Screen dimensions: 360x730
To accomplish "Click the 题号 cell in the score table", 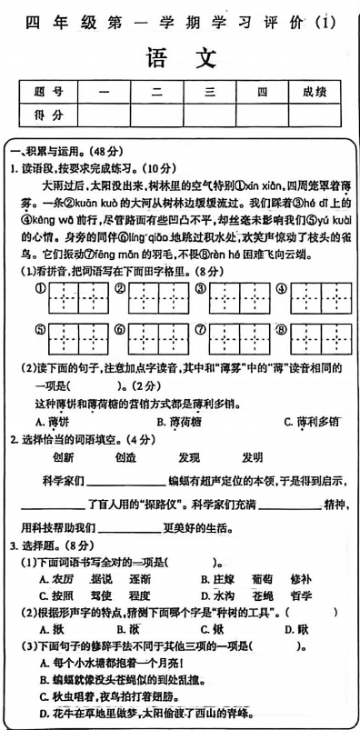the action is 46,93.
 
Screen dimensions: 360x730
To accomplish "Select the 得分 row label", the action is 46,115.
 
